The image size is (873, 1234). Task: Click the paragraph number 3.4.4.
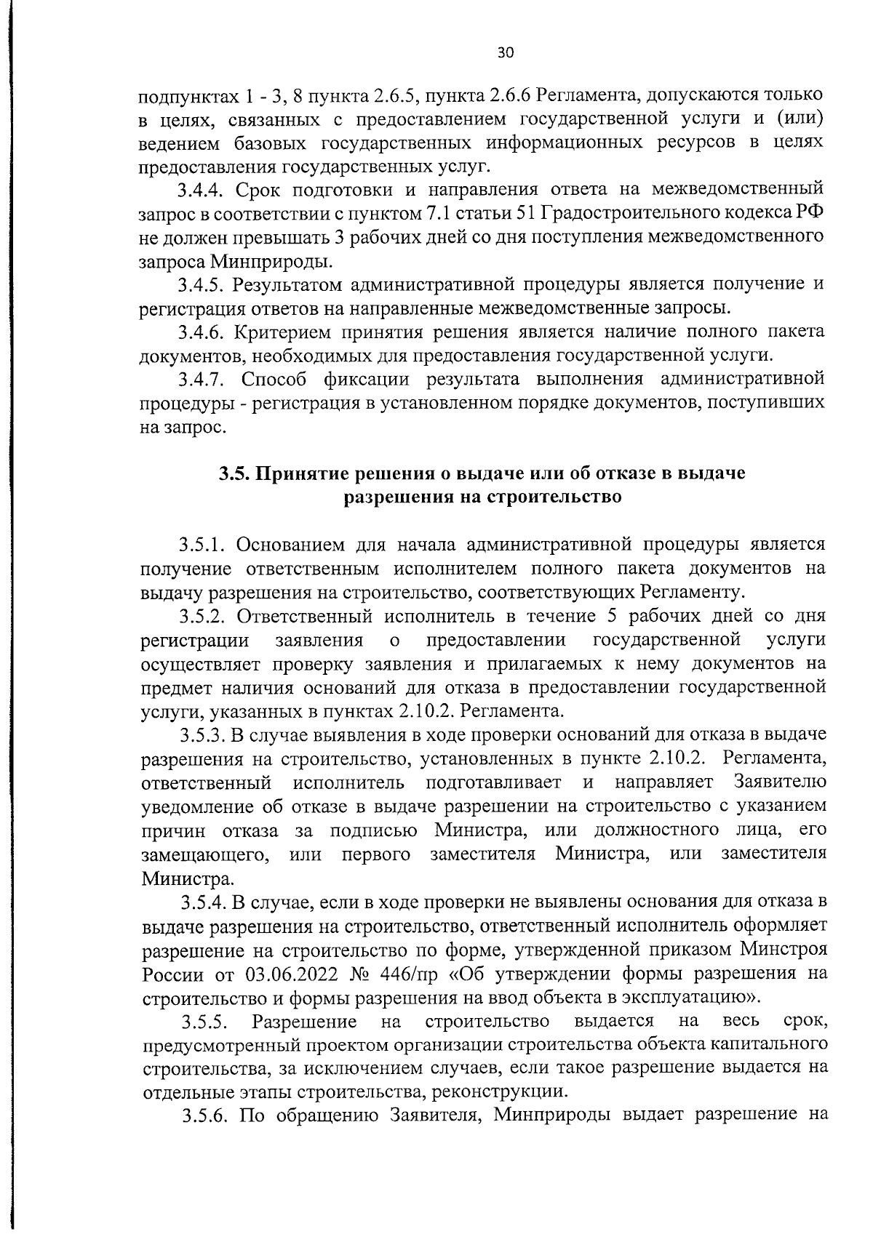[x=205, y=190]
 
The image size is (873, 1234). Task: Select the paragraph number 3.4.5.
[x=205, y=284]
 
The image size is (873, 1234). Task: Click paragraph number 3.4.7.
[x=205, y=380]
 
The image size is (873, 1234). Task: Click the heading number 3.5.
[x=234, y=474]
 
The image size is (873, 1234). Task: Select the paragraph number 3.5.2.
[x=205, y=616]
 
